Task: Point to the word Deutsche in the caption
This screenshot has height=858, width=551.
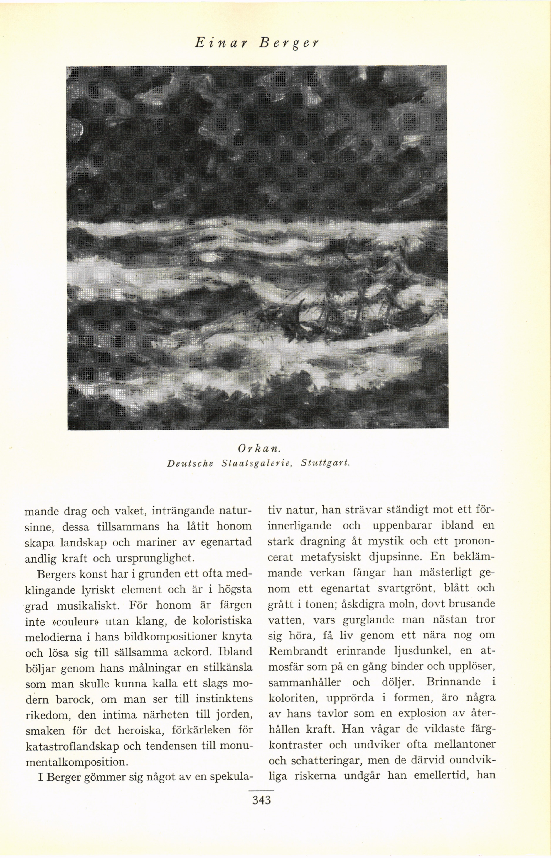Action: pyautogui.click(x=190, y=463)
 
